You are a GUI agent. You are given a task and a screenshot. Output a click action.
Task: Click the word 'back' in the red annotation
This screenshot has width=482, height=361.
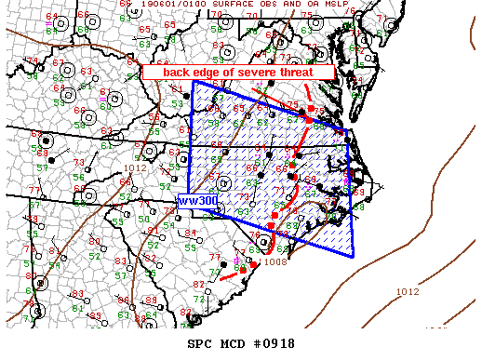pos(178,73)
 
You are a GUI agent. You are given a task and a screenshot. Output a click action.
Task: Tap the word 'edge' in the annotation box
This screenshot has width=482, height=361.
pos(210,73)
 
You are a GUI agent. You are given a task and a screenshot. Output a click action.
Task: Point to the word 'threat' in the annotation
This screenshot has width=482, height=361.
pos(310,73)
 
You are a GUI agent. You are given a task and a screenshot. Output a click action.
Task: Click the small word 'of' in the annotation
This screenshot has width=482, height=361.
pos(235,73)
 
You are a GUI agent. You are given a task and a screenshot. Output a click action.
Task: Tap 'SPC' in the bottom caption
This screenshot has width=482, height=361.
pos(199,343)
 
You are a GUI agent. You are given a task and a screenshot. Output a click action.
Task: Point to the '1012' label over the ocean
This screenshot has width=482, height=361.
pos(408,292)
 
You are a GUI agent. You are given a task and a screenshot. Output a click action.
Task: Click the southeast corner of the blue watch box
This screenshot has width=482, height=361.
pos(354,256)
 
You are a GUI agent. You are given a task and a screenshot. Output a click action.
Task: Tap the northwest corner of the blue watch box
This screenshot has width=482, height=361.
pos(193,82)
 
